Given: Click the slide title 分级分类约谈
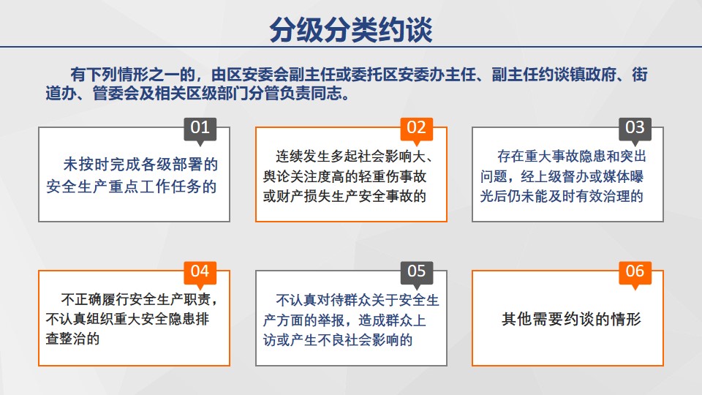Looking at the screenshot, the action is [350, 30].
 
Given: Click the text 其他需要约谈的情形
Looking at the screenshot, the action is [571, 319].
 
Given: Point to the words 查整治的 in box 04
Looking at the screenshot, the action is [72, 339].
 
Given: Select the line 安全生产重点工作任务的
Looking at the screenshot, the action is [131, 187].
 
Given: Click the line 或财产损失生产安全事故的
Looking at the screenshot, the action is [344, 196].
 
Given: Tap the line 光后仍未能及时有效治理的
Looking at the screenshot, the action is [562, 196].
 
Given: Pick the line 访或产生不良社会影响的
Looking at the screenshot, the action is [338, 340].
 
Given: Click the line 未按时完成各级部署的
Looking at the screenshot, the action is [140, 165].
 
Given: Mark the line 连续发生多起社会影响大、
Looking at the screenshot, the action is [355, 157].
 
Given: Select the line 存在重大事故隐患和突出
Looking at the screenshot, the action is [572, 157].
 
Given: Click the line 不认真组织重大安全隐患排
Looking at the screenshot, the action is [127, 319].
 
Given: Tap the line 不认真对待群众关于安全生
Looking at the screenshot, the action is [358, 300].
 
